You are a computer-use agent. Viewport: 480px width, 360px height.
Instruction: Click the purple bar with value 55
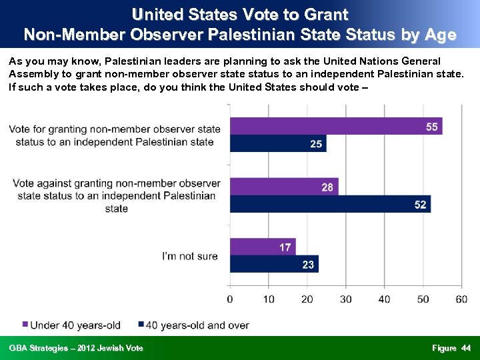(x=336, y=126)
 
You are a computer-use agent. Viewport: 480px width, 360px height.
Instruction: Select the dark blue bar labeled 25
(x=278, y=143)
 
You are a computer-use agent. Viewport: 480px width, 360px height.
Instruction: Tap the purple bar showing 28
(x=284, y=187)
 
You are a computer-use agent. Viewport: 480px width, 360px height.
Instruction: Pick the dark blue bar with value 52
(x=330, y=204)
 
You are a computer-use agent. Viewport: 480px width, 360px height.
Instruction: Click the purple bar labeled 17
(x=263, y=247)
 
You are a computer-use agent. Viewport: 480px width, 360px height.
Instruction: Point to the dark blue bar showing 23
(x=274, y=264)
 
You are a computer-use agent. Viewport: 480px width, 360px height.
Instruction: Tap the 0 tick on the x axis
(x=230, y=299)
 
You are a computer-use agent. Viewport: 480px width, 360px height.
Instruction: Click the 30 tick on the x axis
(x=345, y=299)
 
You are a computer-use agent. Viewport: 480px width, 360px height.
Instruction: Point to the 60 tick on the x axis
(x=461, y=299)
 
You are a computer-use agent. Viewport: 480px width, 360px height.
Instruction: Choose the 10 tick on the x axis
(x=269, y=299)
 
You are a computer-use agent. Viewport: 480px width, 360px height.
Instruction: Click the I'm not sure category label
(x=190, y=256)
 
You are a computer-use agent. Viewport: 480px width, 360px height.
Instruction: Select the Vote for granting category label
(x=115, y=135)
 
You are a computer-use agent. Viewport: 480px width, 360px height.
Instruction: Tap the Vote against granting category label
(x=117, y=195)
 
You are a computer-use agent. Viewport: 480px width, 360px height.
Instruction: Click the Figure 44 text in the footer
(x=451, y=348)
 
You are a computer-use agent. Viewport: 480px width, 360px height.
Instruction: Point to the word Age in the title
(x=441, y=34)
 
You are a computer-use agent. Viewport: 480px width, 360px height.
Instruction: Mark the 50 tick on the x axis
(x=423, y=299)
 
